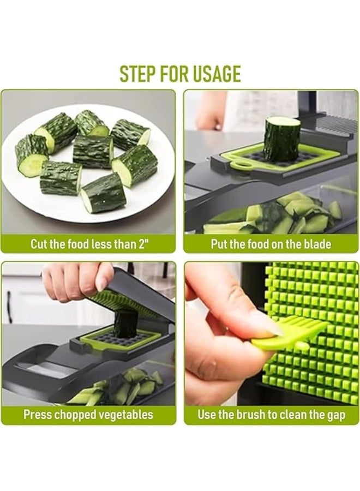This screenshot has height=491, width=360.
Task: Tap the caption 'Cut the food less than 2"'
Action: pyautogui.click(x=88, y=244)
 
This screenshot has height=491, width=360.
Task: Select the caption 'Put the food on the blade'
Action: pyautogui.click(x=271, y=244)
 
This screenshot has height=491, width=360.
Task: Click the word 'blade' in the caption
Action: pyautogui.click(x=317, y=244)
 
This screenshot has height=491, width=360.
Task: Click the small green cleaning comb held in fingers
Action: pyautogui.click(x=287, y=333)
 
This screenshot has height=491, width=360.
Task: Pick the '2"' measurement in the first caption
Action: pyautogui.click(x=142, y=243)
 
